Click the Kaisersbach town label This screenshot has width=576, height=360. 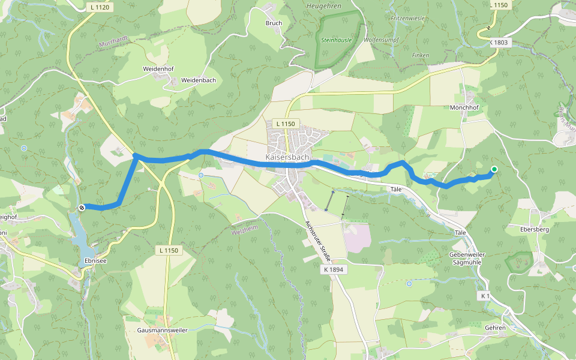(x=287, y=157)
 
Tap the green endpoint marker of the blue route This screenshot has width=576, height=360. (x=494, y=169)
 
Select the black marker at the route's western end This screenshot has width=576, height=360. (x=81, y=207)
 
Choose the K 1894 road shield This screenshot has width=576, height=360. (x=334, y=270)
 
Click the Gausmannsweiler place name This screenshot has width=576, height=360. (x=162, y=331)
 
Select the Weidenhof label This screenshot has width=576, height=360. (x=158, y=69)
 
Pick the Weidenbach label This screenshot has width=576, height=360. (x=199, y=80)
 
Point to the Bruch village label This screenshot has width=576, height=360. (x=274, y=23)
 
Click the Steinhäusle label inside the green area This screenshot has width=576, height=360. (x=337, y=40)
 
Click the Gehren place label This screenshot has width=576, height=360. (x=495, y=328)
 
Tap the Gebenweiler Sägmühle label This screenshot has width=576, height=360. (x=466, y=259)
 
